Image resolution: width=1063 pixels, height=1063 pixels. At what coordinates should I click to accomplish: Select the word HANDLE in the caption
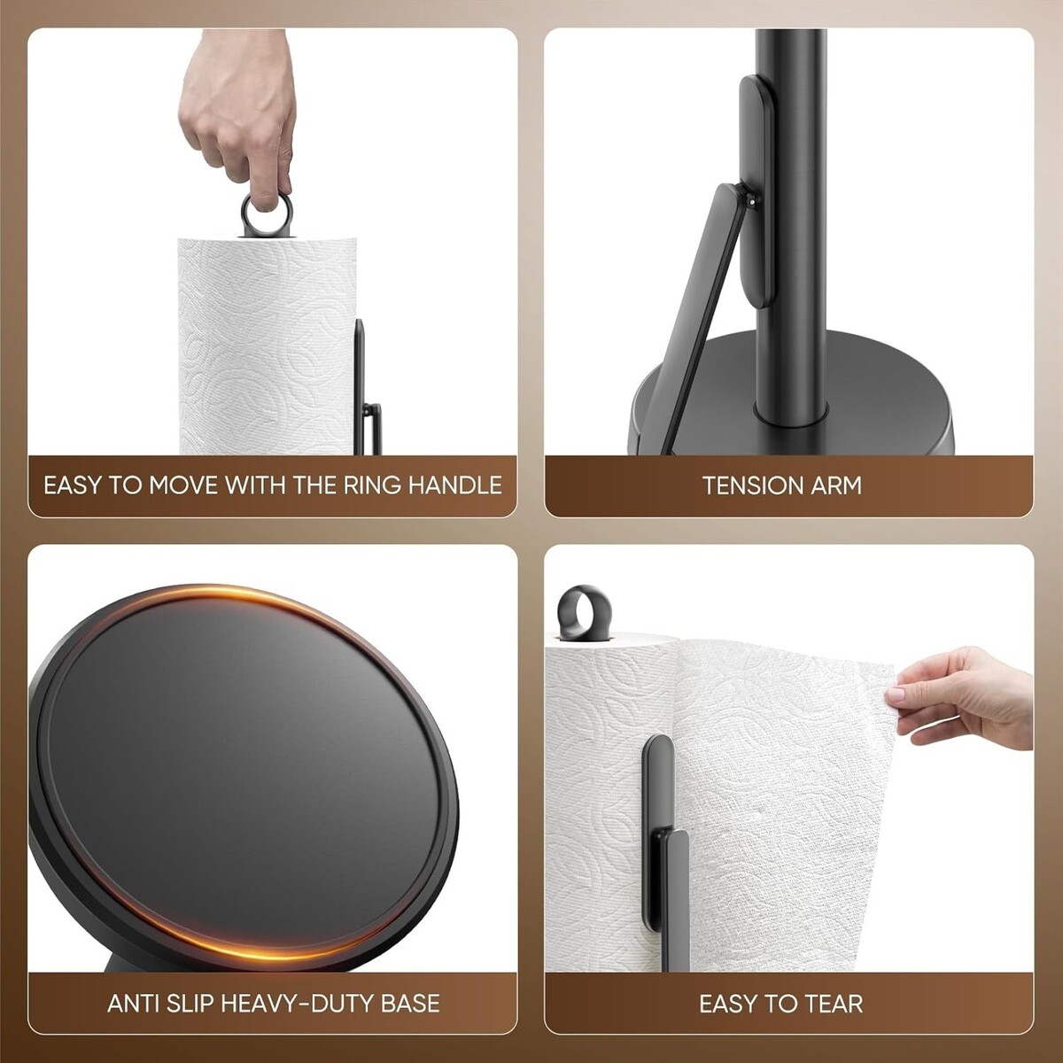point(455,485)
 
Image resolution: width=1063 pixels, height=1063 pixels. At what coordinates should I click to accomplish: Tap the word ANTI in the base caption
point(130,1003)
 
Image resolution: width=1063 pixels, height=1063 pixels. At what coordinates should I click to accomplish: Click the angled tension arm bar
point(703,320)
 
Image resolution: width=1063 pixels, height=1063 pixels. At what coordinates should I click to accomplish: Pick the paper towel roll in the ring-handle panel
point(267,346)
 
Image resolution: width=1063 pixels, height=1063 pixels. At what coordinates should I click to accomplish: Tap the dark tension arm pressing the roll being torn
point(664,854)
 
